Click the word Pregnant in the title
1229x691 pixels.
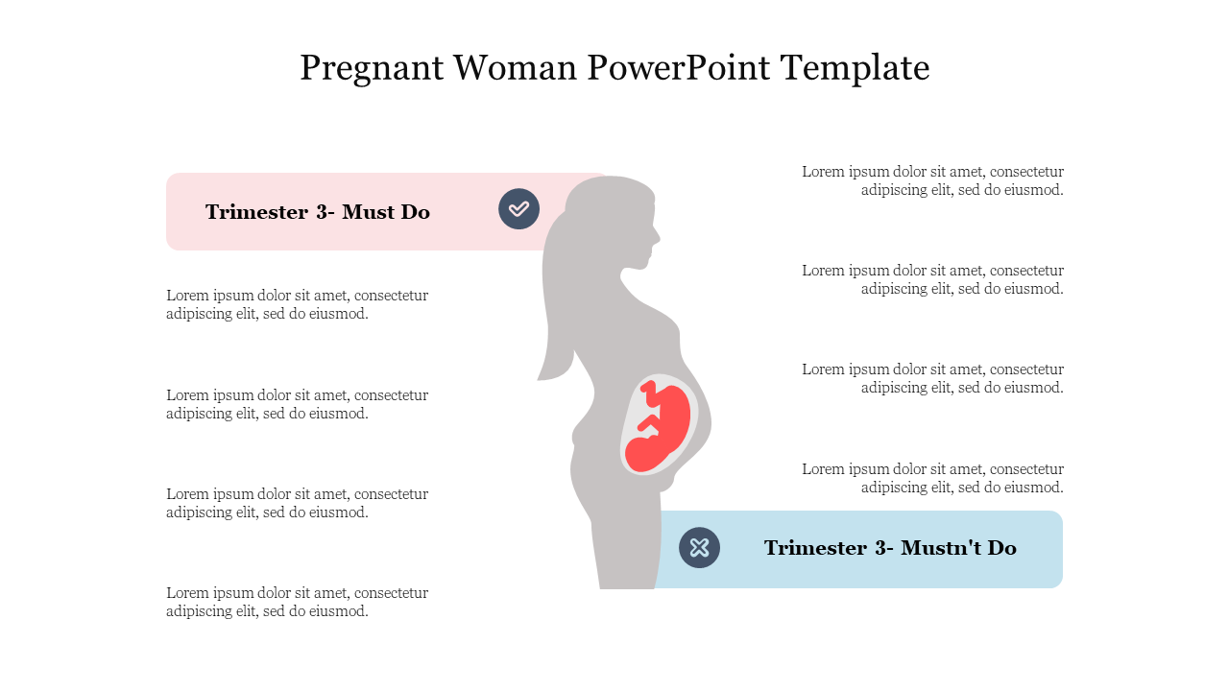tap(372, 69)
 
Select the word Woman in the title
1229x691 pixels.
tap(515, 68)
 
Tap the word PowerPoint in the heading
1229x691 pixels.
tap(679, 68)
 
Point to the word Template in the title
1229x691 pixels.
tap(855, 69)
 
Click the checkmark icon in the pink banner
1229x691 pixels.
tap(518, 209)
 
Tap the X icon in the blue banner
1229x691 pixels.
tap(699, 547)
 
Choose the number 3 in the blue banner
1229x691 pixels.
tap(881, 548)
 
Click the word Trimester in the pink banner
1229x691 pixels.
tap(256, 212)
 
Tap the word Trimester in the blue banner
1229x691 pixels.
tap(815, 548)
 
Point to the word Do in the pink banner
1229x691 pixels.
tap(416, 212)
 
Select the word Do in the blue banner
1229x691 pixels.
tap(1001, 548)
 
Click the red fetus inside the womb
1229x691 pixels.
tap(659, 425)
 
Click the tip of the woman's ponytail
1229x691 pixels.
tap(539, 379)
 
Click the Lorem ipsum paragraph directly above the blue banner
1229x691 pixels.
tap(932, 478)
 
